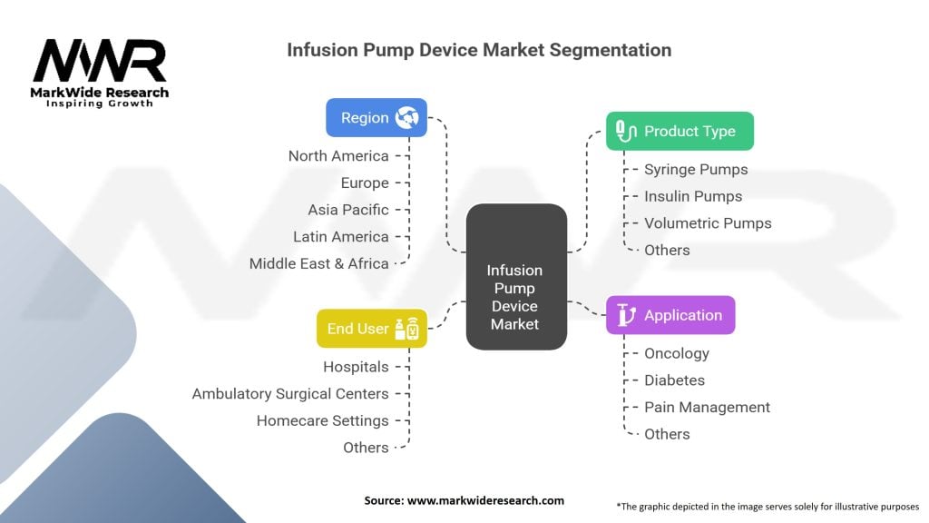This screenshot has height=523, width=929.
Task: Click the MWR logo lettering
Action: point(100,61)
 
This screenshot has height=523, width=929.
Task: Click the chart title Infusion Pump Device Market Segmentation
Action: point(479,50)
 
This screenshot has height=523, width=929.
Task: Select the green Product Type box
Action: point(680,131)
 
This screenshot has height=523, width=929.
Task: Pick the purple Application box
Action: point(670,315)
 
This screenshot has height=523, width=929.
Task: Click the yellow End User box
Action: point(372,329)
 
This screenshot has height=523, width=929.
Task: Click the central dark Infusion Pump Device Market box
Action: point(515,277)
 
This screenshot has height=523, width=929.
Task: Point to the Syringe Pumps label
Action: point(696,169)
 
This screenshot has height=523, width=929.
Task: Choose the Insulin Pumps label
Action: point(693,196)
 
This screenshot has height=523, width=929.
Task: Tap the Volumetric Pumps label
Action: point(708,223)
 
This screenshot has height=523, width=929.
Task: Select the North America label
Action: point(338,156)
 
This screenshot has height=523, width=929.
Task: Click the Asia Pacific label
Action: point(348,210)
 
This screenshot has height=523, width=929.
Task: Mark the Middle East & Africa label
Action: point(319,263)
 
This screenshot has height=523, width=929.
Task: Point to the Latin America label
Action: point(341,237)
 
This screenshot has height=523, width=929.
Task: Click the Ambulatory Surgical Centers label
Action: point(290,394)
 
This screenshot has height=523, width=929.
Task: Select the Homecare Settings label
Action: point(322,420)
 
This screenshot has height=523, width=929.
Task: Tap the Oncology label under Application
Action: point(677,353)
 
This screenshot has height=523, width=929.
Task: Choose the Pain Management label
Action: point(707,407)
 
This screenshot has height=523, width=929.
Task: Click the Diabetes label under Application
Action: point(674,380)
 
